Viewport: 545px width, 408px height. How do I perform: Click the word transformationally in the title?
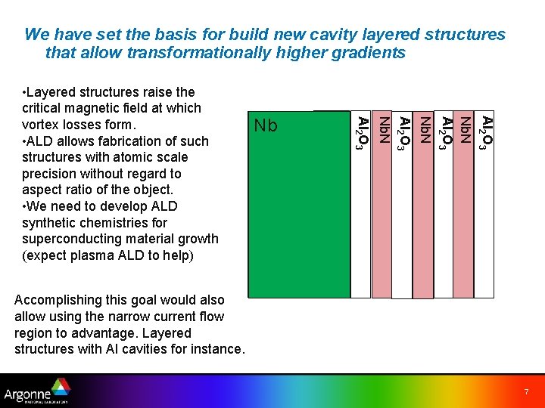195,53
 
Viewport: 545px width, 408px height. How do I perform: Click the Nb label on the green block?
266,125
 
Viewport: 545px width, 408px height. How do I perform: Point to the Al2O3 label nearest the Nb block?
364,133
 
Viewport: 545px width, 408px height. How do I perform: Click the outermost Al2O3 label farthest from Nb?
488,133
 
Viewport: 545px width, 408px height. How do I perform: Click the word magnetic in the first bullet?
89,109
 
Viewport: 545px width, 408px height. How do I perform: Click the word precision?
51,174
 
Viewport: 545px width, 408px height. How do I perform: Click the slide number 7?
525,392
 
